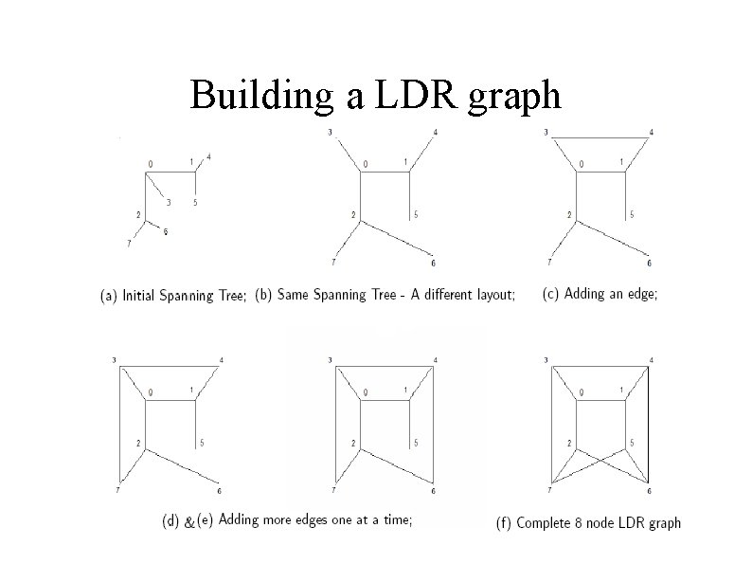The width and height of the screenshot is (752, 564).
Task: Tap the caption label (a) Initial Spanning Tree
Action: (173, 296)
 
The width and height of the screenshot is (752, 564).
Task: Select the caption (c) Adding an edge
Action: (600, 294)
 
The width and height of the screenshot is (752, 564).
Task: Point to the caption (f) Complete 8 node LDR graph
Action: (588, 523)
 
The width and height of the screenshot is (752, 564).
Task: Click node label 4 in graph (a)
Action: (208, 156)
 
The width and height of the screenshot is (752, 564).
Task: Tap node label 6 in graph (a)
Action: (167, 232)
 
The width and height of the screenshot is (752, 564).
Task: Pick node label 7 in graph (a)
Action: (128, 244)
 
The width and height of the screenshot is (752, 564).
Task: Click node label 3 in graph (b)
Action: (329, 131)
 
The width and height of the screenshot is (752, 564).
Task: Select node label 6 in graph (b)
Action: (434, 263)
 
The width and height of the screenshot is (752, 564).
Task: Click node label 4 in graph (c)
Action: (652, 131)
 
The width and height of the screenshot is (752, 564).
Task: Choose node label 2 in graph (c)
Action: (569, 214)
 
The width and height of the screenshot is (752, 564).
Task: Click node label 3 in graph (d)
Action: (114, 359)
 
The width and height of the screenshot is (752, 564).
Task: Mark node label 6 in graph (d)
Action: (219, 491)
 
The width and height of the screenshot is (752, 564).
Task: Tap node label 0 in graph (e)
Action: (365, 392)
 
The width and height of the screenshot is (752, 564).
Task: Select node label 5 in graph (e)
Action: (417, 443)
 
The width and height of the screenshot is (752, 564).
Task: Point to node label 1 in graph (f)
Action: (621, 390)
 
